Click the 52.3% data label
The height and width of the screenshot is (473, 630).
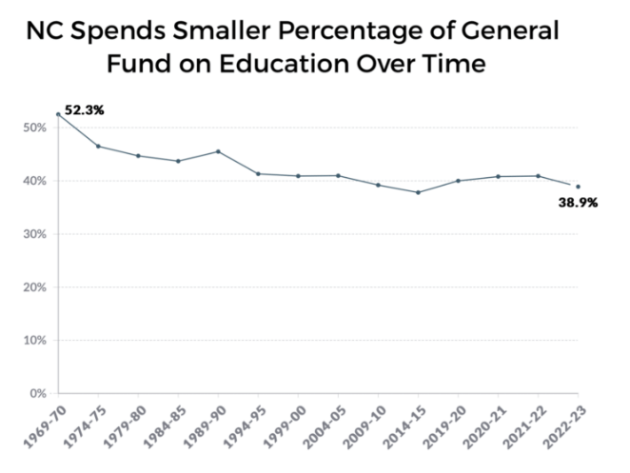pyautogui.click(x=84, y=110)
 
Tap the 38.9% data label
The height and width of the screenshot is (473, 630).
pyautogui.click(x=578, y=203)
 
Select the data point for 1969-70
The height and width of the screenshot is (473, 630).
pyautogui.click(x=58, y=114)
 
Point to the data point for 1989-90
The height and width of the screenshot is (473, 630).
pyautogui.click(x=219, y=151)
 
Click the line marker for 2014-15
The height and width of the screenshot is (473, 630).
pyautogui.click(x=418, y=192)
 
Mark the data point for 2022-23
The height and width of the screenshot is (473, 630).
pyautogui.click(x=578, y=187)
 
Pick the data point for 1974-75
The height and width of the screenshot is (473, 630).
pyautogui.click(x=98, y=146)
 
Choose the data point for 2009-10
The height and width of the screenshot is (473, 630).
pyautogui.click(x=378, y=185)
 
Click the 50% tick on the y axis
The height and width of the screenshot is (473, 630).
pyautogui.click(x=37, y=128)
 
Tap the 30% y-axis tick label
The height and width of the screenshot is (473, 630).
pyautogui.click(x=37, y=234)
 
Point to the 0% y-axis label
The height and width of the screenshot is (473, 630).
pyautogui.click(x=40, y=393)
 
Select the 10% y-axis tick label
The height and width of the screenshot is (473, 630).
pyautogui.click(x=37, y=340)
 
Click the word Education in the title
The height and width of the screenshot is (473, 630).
pyautogui.click(x=321, y=67)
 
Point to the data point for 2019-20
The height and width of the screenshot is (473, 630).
pyautogui.click(x=458, y=181)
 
